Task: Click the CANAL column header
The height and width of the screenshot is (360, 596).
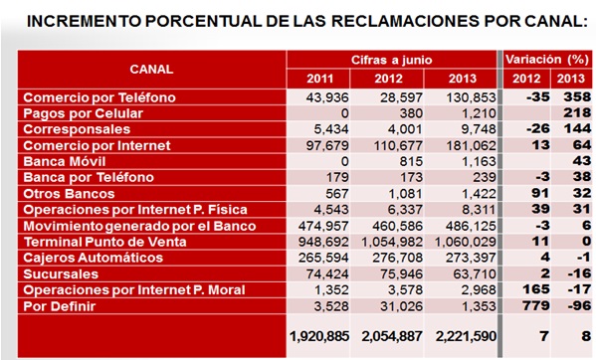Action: click(151, 69)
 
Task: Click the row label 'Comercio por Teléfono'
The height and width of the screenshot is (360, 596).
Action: click(99, 97)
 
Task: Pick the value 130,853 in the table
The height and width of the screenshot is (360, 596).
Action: click(464, 97)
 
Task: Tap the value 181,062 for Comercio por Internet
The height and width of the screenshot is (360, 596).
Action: click(464, 145)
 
